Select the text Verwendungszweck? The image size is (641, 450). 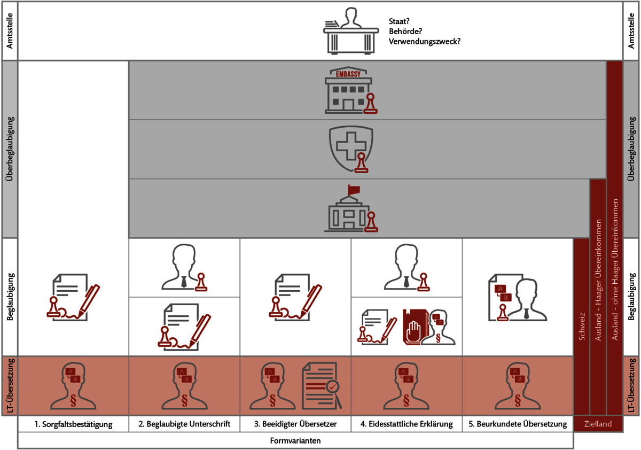(x=425, y=41)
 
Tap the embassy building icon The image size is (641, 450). (x=349, y=91)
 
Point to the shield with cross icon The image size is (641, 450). (x=351, y=149)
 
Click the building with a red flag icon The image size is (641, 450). (x=350, y=210)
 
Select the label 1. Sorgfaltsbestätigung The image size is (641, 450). (x=74, y=424)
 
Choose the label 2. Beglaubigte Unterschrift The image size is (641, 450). (x=184, y=424)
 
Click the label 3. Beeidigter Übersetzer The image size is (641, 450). (x=295, y=424)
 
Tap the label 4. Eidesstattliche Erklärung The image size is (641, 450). (x=407, y=424)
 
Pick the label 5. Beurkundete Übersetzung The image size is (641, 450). (x=518, y=424)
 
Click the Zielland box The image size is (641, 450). (x=598, y=424)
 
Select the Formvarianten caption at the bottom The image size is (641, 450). (x=295, y=441)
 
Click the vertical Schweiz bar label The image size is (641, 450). (x=581, y=326)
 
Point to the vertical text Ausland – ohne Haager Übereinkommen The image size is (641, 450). (x=614, y=270)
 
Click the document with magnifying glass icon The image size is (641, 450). (x=322, y=385)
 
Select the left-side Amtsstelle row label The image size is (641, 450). (x=9, y=31)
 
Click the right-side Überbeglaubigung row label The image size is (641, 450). (x=632, y=149)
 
